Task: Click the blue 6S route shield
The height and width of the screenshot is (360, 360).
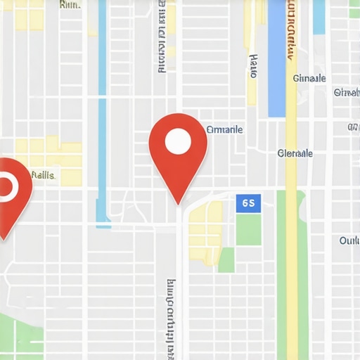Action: [x=248, y=203]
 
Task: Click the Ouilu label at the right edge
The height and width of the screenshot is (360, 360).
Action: [x=349, y=240]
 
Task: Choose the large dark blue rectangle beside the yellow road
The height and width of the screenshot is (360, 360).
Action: [x=276, y=60]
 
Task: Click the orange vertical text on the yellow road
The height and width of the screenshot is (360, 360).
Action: [x=290, y=32]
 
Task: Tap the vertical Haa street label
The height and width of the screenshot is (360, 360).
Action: [x=253, y=65]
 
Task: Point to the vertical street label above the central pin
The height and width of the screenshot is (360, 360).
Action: [x=162, y=39]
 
